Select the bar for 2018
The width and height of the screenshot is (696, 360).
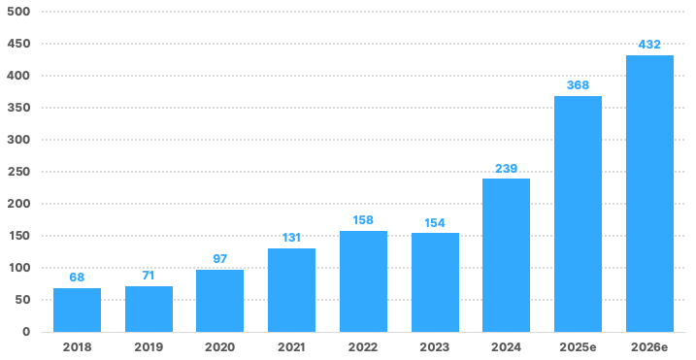[x=78, y=310]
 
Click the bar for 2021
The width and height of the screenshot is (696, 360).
[x=291, y=290]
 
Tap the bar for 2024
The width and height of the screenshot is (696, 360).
[x=506, y=255]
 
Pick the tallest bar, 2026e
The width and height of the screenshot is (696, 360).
[x=649, y=193]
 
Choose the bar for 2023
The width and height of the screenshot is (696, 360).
[x=435, y=282]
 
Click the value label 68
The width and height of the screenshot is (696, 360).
[x=77, y=278]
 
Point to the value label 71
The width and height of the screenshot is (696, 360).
[x=149, y=276]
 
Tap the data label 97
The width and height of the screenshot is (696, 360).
[x=219, y=259]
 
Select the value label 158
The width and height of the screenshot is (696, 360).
[x=363, y=220]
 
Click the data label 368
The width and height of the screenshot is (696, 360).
[x=578, y=85]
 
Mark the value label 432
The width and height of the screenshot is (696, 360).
[x=649, y=45]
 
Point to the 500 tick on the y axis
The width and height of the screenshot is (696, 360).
[x=18, y=12]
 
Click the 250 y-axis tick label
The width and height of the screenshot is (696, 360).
[x=18, y=172]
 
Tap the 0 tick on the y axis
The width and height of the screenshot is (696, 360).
[x=26, y=332]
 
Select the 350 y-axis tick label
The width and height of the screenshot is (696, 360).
[x=18, y=108]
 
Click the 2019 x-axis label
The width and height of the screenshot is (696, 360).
[x=149, y=347]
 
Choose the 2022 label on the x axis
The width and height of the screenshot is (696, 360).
[x=363, y=347]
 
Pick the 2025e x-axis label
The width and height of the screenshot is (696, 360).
[x=578, y=347]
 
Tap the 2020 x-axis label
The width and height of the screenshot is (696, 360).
[x=219, y=347]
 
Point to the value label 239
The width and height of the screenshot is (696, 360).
[x=506, y=169]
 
